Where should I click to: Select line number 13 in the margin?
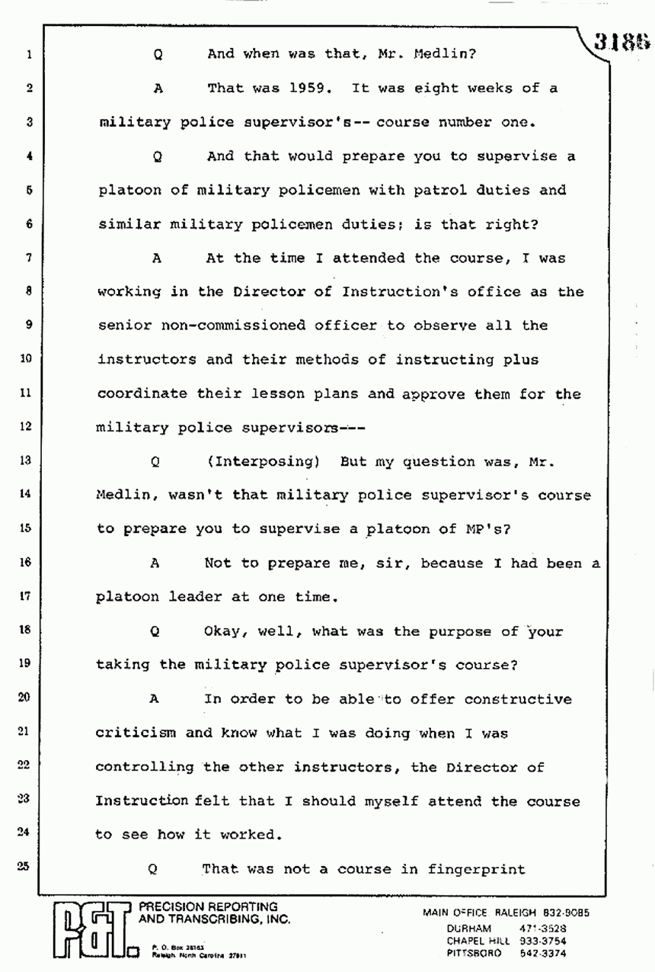27,460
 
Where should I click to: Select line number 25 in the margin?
27,867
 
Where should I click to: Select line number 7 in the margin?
27,258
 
